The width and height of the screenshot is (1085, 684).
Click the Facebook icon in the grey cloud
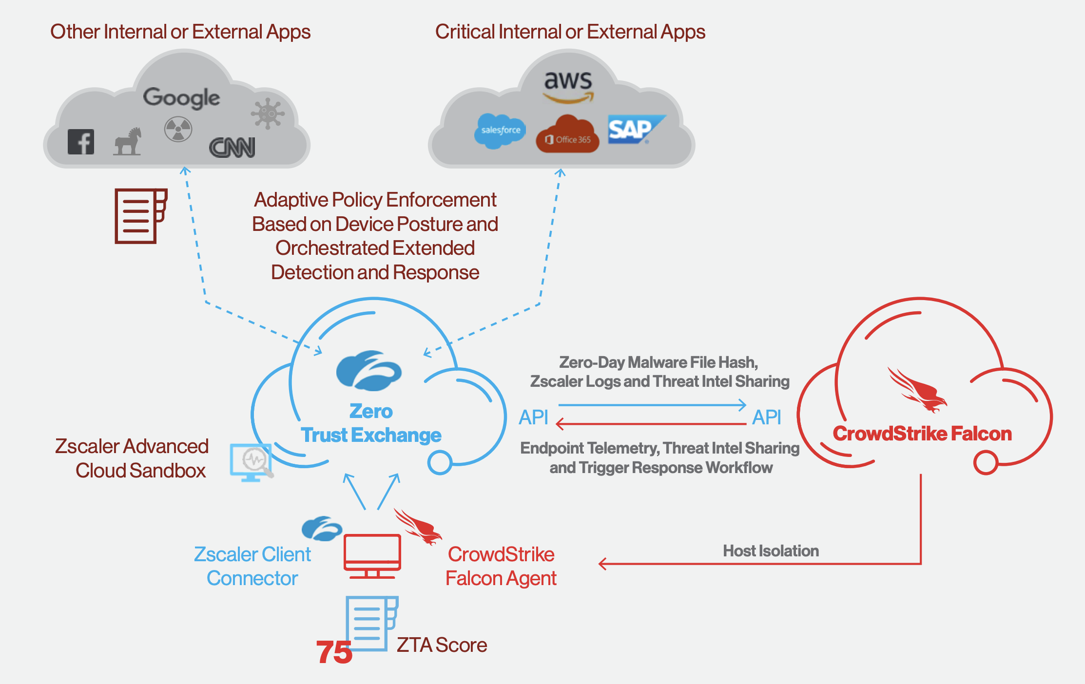[81, 142]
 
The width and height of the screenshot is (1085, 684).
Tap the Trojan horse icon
[128, 142]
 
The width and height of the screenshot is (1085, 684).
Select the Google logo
[181, 98]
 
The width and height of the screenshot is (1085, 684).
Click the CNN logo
[232, 148]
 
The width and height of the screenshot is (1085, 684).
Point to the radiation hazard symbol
[178, 129]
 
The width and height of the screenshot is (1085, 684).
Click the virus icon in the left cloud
[268, 114]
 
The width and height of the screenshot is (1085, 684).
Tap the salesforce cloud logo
[500, 131]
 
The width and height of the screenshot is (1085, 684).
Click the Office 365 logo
[568, 135]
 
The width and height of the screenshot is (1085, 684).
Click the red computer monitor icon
[372, 556]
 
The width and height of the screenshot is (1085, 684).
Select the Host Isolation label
[771, 551]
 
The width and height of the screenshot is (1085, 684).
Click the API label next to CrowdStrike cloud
[766, 418]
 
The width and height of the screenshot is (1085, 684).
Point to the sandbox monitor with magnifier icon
[251, 462]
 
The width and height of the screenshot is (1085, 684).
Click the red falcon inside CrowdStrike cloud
[916, 390]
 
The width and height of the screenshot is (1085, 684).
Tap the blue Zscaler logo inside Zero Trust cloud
[368, 371]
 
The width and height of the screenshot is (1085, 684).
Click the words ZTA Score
[442, 645]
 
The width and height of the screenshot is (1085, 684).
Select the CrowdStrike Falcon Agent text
[501, 566]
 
